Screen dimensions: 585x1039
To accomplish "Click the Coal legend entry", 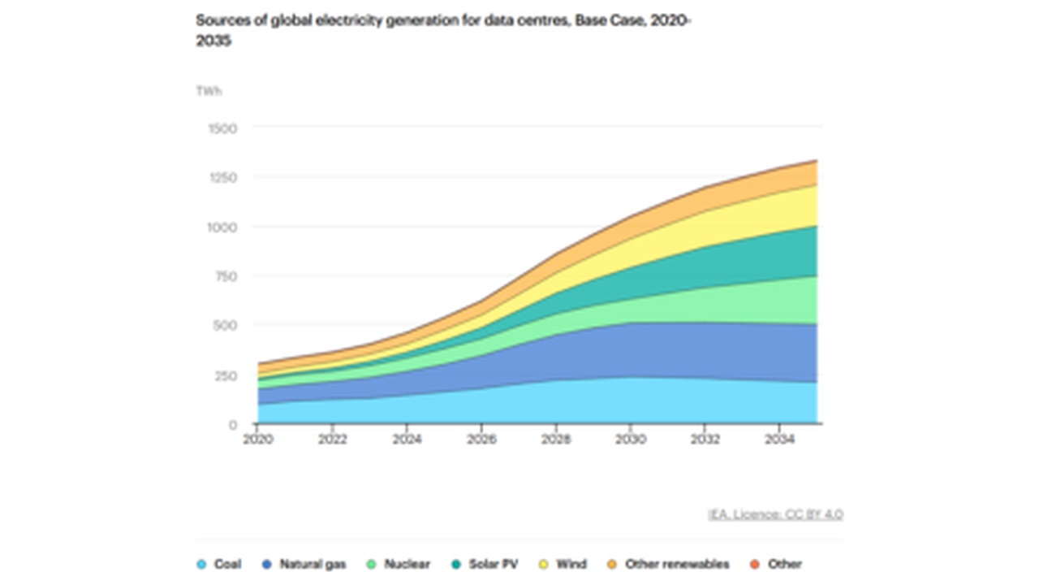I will coord(219,564).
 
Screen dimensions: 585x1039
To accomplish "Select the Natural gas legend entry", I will coord(304,564).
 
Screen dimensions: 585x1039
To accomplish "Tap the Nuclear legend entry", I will coord(399,564).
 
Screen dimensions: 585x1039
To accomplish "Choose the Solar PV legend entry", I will coord(485,564).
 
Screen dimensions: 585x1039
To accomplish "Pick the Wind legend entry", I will coord(563,564).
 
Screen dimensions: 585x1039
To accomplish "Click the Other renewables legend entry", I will coord(668,564).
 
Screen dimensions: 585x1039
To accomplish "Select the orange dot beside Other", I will coord(754,564).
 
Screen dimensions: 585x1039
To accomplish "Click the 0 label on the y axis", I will coord(233,425).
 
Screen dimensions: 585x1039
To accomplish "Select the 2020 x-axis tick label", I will coord(257,440).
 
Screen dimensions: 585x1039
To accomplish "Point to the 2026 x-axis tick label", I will coord(481,440).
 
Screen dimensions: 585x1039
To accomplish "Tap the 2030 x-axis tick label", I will coord(631,440).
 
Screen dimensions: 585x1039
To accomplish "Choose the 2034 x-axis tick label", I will coord(780,440).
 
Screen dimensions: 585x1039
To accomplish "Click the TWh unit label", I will coord(209,91).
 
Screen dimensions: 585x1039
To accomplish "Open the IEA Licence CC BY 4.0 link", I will coord(775,514).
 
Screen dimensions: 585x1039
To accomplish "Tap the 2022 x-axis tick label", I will coord(332,440).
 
